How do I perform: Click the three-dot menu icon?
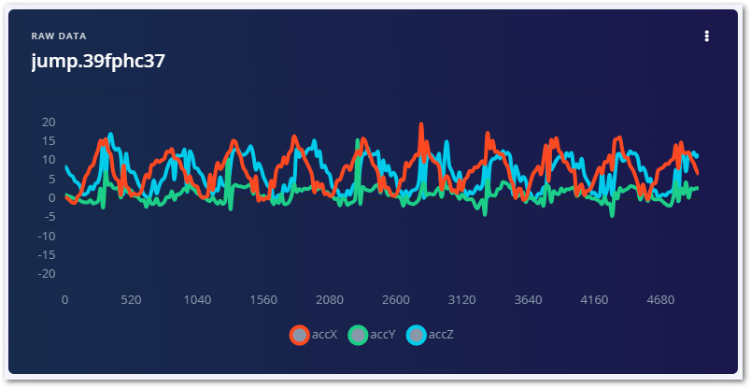pyautogui.click(x=707, y=36)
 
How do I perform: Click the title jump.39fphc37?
pyautogui.click(x=98, y=62)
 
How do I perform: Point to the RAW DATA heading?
pyautogui.click(x=59, y=36)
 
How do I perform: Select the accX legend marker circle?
pyautogui.click(x=300, y=335)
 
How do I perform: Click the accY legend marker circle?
pyautogui.click(x=358, y=335)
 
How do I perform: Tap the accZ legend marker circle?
pyautogui.click(x=416, y=335)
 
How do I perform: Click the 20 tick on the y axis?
pyautogui.click(x=49, y=122)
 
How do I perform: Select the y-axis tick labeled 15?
pyautogui.click(x=49, y=141)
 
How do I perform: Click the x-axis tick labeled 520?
pyautogui.click(x=131, y=300)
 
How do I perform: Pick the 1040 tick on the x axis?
pyautogui.click(x=197, y=300)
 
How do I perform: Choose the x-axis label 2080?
pyautogui.click(x=330, y=300)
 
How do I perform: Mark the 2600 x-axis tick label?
pyautogui.click(x=396, y=300)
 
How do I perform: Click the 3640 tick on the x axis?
pyautogui.click(x=529, y=300)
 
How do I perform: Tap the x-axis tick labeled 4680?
pyautogui.click(x=660, y=300)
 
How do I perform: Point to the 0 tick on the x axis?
pyautogui.click(x=64, y=300)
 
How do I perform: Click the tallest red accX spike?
pyautogui.click(x=421, y=124)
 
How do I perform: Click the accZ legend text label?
pyautogui.click(x=441, y=335)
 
